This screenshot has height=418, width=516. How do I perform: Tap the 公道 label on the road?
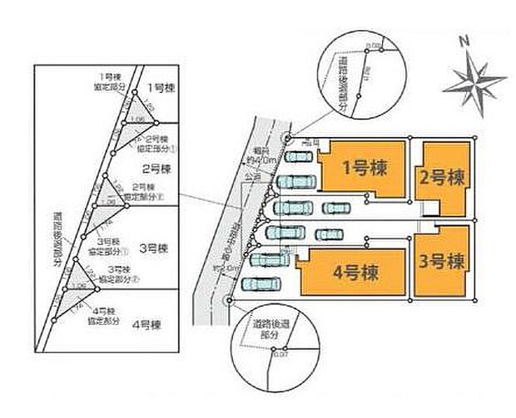pos(248,178)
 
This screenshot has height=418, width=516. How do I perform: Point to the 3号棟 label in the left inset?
pos(155,248)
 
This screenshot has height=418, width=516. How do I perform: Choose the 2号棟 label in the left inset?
pos(156,169)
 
